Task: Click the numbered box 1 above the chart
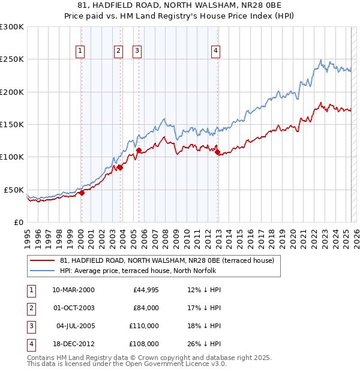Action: click(80, 51)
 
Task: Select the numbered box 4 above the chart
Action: click(215, 51)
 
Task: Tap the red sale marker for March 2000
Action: click(82, 193)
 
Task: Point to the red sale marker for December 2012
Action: click(217, 152)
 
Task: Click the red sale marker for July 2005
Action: click(139, 151)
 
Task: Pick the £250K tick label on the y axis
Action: click(12, 59)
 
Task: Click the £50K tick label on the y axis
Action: click(14, 190)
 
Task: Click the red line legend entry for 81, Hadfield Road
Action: click(167, 260)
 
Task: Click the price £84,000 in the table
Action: click(146, 308)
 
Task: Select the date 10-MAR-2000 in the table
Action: click(73, 290)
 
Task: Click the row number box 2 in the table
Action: click(30, 308)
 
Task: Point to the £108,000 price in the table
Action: click(144, 344)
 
